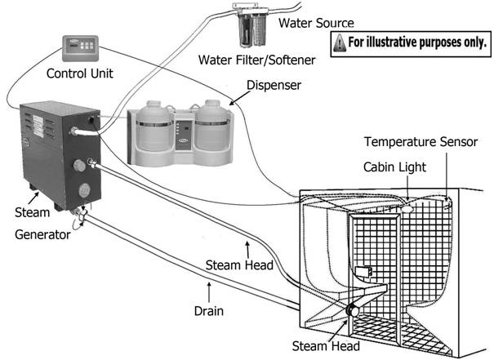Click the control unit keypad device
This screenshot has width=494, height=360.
click(81, 48)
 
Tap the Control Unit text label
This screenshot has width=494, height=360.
click(80, 73)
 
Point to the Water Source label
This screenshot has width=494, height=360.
click(316, 23)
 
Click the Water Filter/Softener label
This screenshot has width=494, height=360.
click(256, 60)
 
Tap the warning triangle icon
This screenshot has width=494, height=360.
click(340, 42)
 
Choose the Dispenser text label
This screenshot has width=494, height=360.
click(274, 85)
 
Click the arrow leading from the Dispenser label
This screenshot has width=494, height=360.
click(240, 98)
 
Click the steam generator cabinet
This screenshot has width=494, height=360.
click(60, 155)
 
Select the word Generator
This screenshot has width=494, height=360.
click(42, 234)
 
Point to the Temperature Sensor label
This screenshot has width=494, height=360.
click(421, 142)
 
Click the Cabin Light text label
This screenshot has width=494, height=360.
click(394, 167)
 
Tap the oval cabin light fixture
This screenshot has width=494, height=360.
click(407, 208)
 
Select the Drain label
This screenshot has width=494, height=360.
click(209, 311)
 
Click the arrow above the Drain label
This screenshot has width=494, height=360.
click(209, 292)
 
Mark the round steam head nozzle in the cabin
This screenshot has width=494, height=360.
click(353, 310)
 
